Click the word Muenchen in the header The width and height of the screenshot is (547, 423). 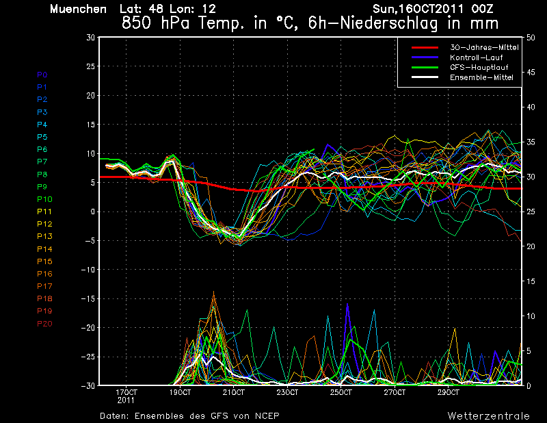[x=78, y=9]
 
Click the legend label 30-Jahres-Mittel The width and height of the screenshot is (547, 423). [x=484, y=47]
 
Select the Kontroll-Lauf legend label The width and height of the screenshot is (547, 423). [x=476, y=57]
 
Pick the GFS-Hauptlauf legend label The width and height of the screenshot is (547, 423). [x=479, y=67]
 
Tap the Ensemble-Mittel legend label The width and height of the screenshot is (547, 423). [x=481, y=77]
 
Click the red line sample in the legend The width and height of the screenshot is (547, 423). [x=425, y=47]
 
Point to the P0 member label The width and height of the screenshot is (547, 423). [x=42, y=75]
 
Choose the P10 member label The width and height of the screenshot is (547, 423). [x=44, y=199]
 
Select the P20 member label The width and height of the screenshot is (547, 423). [x=44, y=324]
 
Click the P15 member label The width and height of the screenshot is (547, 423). [x=44, y=261]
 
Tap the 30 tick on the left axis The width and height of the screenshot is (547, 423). [x=91, y=37]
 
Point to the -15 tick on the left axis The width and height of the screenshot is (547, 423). [x=88, y=298]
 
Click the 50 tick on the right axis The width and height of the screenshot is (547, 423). [x=531, y=38]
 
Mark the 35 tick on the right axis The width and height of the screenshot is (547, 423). [x=531, y=142]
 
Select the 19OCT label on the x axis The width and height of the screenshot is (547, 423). [x=180, y=393]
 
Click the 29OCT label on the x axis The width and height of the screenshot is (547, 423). [x=449, y=393]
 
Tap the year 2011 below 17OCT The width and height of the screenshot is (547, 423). [x=126, y=400]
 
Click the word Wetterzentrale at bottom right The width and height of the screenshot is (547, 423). [x=489, y=416]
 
